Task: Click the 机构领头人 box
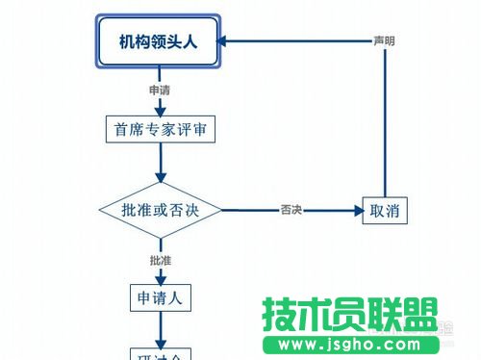(160, 41)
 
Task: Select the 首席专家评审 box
(160, 129)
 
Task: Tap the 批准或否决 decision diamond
(161, 210)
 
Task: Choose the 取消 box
(384, 210)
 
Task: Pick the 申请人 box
(161, 297)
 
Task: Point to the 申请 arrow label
(160, 90)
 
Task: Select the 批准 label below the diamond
(160, 261)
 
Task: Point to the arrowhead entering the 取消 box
(355, 210)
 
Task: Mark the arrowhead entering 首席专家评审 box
(160, 111)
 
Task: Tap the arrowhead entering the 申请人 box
(161, 278)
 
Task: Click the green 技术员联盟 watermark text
(350, 316)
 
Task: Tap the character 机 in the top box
(127, 41)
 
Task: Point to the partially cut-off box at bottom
(161, 355)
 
